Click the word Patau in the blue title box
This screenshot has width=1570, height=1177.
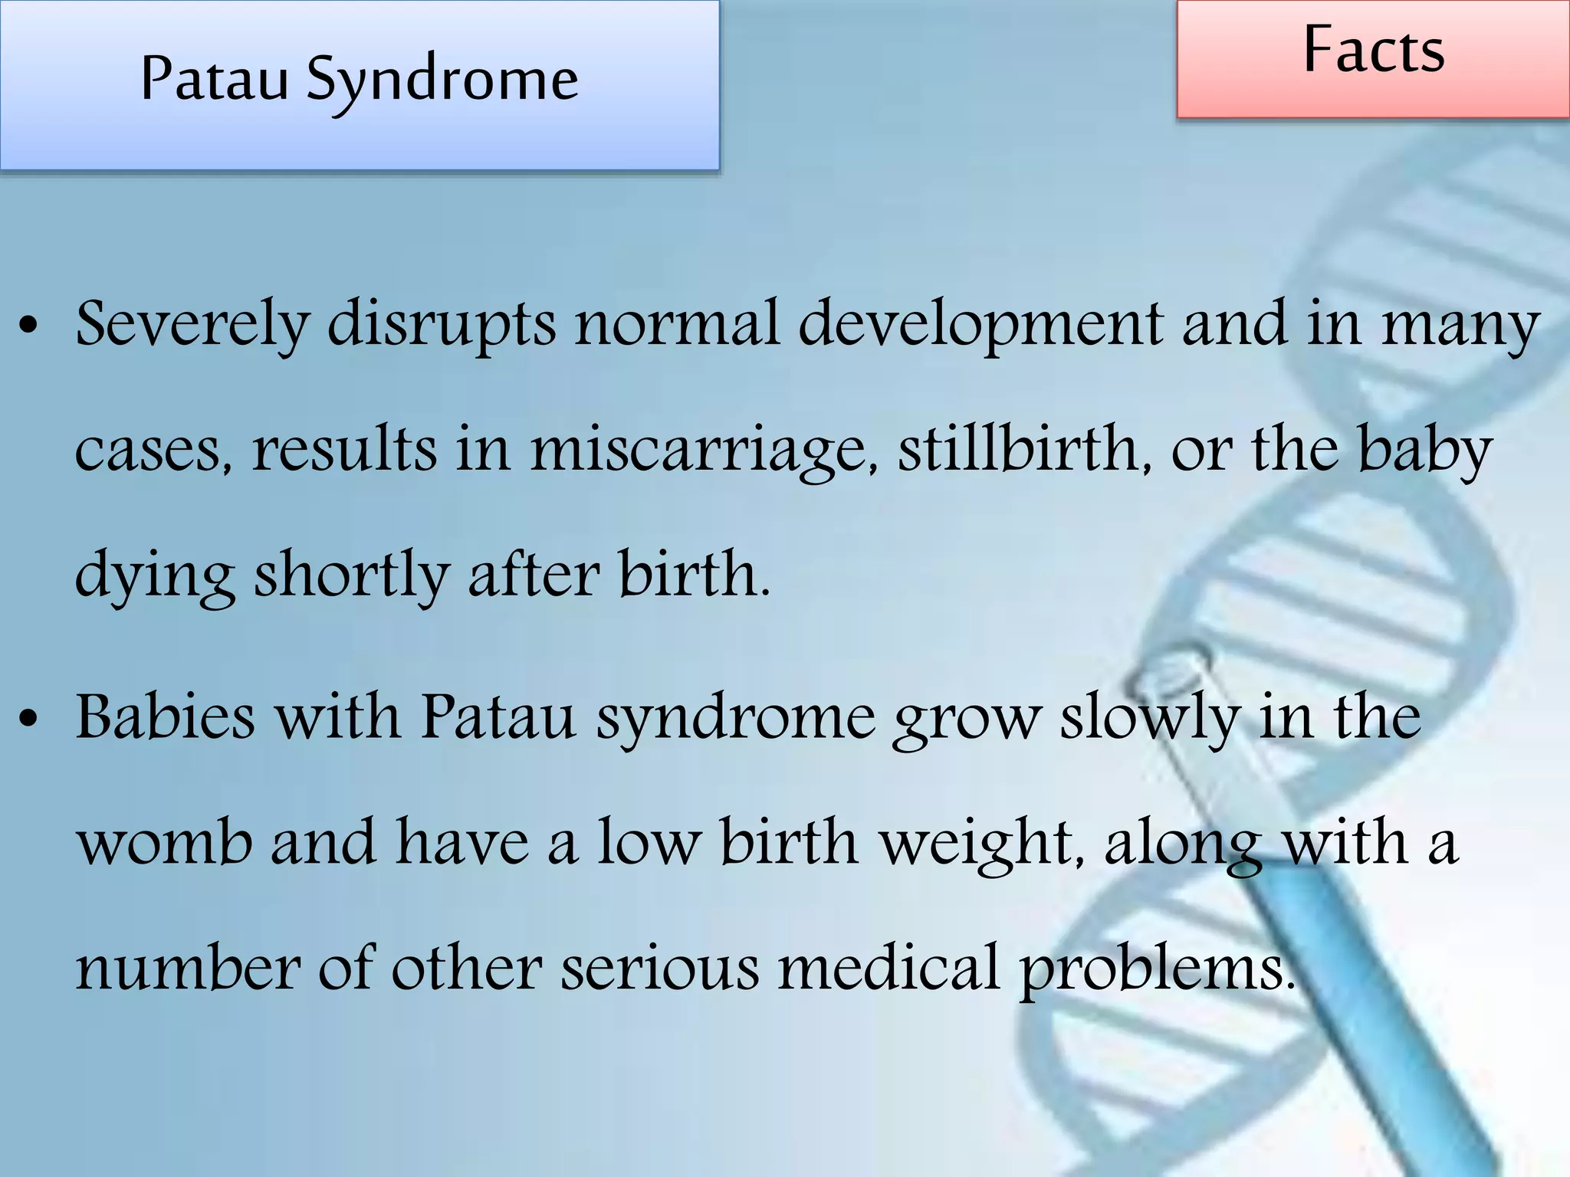click(214, 79)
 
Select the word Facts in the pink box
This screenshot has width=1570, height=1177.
click(1374, 51)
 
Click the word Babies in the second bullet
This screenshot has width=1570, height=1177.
click(165, 717)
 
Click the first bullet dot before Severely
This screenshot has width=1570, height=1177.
click(29, 327)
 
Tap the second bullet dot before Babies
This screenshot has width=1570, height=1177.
click(29, 720)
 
